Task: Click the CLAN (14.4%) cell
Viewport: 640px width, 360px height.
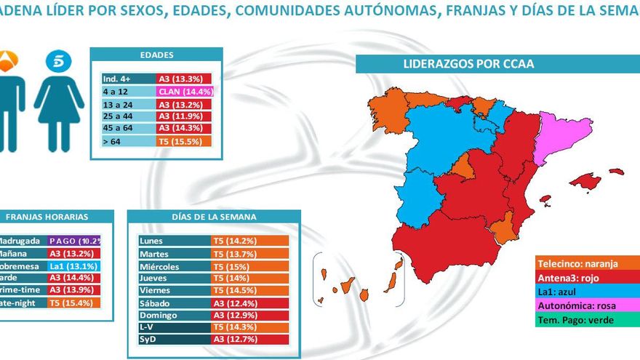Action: (x=184, y=92)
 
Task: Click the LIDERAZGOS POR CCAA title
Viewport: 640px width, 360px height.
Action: (x=468, y=64)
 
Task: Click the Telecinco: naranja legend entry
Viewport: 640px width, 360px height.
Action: (x=586, y=264)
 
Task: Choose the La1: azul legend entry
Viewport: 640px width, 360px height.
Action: (x=586, y=292)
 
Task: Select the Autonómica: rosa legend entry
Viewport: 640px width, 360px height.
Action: (x=586, y=305)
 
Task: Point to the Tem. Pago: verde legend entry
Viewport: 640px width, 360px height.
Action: (x=586, y=320)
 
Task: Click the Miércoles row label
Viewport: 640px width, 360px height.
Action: (x=174, y=267)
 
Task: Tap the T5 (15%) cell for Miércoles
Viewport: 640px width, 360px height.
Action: (x=250, y=267)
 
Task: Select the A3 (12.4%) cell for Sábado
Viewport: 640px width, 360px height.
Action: (x=250, y=302)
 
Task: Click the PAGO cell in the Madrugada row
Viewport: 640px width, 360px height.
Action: (x=73, y=241)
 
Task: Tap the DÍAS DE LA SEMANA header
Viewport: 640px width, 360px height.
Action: (x=213, y=217)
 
